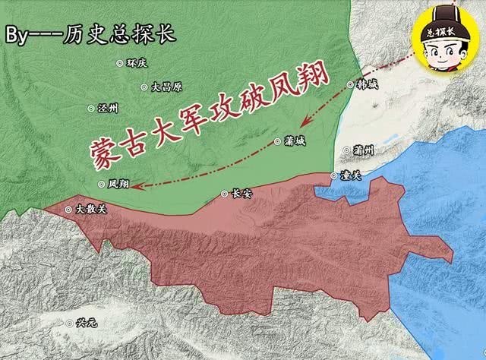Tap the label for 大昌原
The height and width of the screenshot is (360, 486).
(166, 87)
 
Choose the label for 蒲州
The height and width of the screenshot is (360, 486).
(364, 150)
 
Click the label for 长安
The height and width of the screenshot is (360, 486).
(240, 194)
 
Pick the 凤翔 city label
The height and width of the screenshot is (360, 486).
(118, 184)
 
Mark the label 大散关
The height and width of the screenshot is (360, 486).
(86, 209)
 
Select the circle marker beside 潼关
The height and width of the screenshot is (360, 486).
(334, 175)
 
